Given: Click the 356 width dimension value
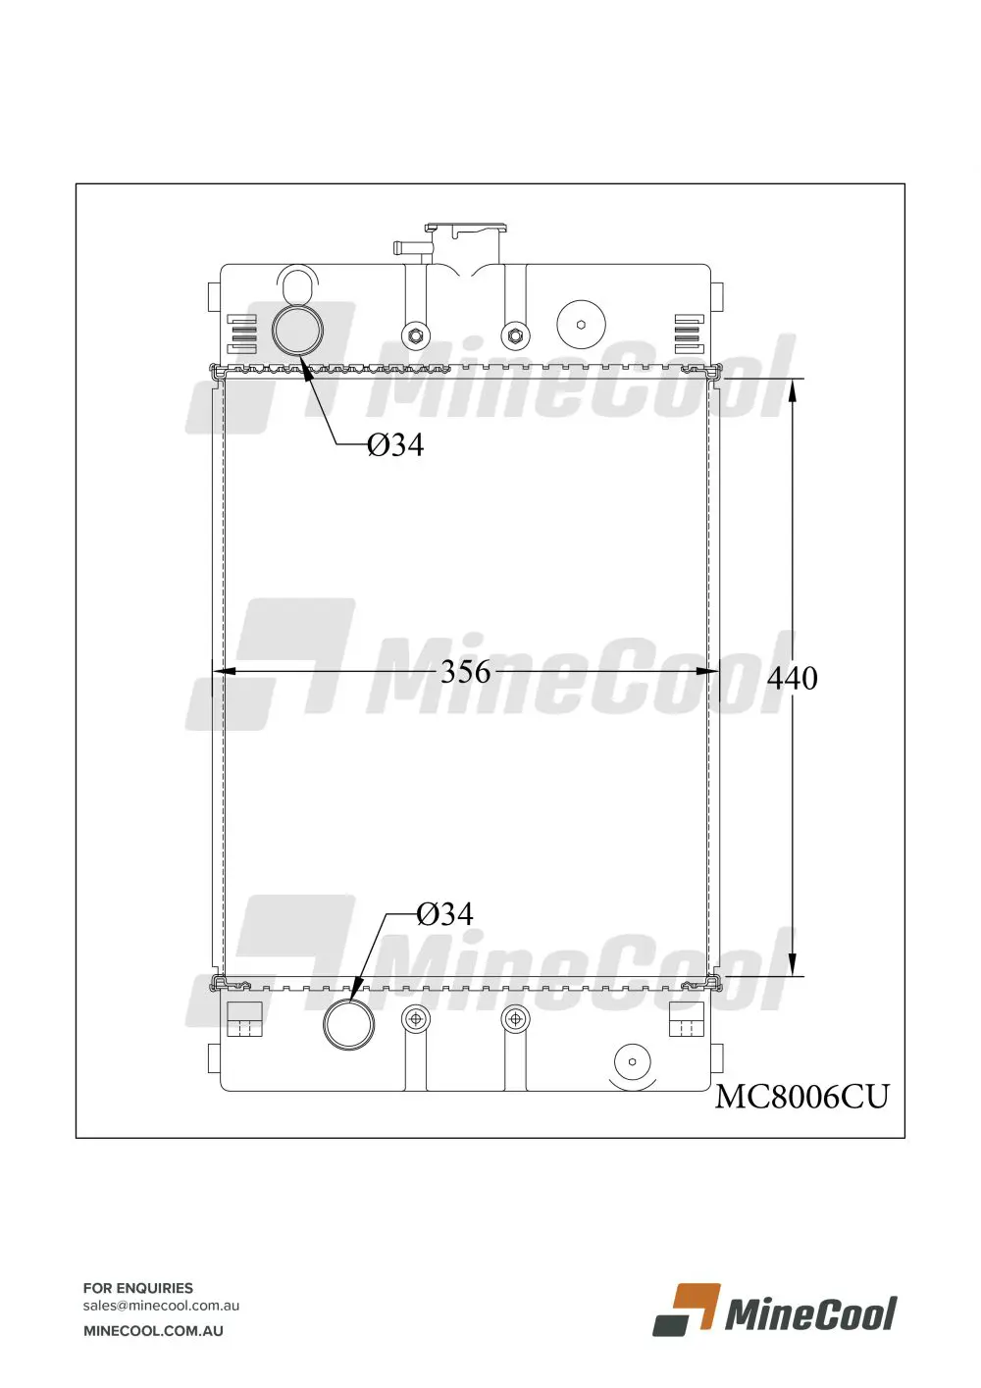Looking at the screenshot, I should click(465, 672).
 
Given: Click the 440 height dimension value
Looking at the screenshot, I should click(792, 678).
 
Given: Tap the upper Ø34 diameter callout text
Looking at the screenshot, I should click(395, 445).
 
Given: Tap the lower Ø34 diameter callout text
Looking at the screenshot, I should click(444, 914).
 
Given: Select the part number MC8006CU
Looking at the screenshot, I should click(801, 1097).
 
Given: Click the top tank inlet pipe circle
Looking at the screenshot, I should click(297, 331).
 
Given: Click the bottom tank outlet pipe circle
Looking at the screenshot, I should click(348, 1024).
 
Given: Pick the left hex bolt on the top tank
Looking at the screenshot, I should click(417, 336).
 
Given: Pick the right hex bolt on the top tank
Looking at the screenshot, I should click(515, 336).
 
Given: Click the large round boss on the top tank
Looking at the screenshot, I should click(581, 325).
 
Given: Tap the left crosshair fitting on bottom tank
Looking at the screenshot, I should click(417, 1019).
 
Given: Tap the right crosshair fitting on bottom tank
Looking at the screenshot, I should click(515, 1019).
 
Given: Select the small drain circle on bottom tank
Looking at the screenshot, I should click(632, 1061).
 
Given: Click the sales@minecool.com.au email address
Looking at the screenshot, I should click(161, 1306).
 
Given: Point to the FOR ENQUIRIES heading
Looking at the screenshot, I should click(138, 1288).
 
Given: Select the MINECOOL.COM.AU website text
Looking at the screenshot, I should click(153, 1331).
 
